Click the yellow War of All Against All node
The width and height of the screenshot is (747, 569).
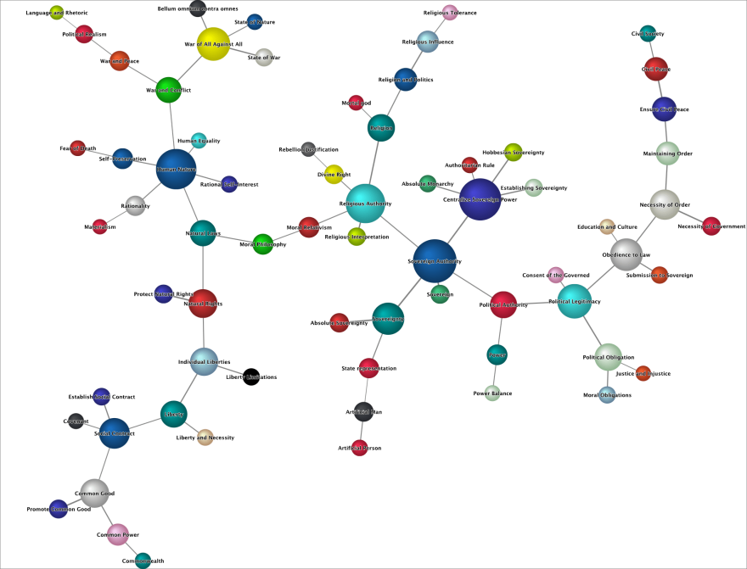[213, 43]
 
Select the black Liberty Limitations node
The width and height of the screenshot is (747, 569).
[251, 377]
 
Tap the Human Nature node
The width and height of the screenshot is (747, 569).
[176, 170]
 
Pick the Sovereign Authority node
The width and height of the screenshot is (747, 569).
[435, 261]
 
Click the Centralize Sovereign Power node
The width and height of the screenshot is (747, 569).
[480, 199]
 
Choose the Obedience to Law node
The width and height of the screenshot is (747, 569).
[626, 254]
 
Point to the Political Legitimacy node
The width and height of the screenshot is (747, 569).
[574, 301]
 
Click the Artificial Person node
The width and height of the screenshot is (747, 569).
[360, 448]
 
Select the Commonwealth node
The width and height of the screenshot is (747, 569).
[143, 561]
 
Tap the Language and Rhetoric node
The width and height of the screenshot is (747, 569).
[57, 13]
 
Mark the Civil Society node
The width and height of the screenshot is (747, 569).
[648, 34]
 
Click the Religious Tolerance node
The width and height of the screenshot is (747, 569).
[450, 13]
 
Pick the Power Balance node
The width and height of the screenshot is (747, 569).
[492, 393]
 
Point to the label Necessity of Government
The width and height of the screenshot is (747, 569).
[711, 226]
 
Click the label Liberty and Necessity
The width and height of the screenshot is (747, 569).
[205, 438]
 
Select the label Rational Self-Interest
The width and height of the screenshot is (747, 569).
[229, 184]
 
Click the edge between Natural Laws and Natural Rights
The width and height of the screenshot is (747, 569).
[203, 267]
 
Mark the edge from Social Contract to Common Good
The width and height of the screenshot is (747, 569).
[105, 462]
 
